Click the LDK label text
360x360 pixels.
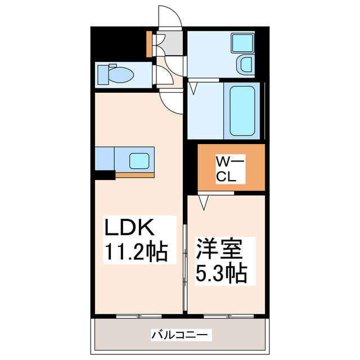coord(129,227)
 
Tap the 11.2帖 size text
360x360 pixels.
coord(136,251)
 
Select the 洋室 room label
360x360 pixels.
coord(219,249)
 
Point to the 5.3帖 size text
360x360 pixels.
coord(221,274)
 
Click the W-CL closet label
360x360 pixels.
coord(230,169)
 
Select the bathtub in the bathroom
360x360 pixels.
coord(242,111)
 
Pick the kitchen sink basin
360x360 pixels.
coord(139,161)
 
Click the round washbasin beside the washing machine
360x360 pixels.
coord(246,64)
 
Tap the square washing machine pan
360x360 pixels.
coord(242,43)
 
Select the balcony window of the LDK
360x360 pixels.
coord(139,316)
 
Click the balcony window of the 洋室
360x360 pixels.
coord(229,316)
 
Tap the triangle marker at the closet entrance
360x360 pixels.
coord(204,202)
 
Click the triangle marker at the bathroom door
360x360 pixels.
coord(193,88)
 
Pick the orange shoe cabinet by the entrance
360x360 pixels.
coord(149,44)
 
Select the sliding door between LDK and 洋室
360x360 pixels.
coord(185,268)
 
